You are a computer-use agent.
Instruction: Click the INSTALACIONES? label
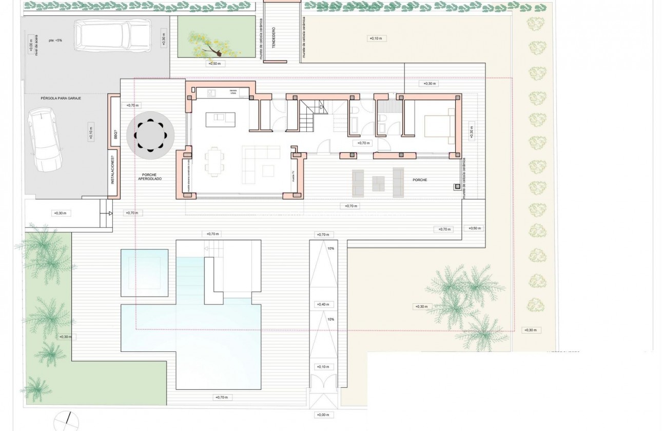point(113,173)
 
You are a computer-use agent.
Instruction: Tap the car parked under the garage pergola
point(46,139)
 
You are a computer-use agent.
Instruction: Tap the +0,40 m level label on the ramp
point(323,305)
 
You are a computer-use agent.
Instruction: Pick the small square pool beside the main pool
point(144,272)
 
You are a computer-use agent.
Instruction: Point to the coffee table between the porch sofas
point(379,183)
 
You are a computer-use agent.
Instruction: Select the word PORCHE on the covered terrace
point(420,180)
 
